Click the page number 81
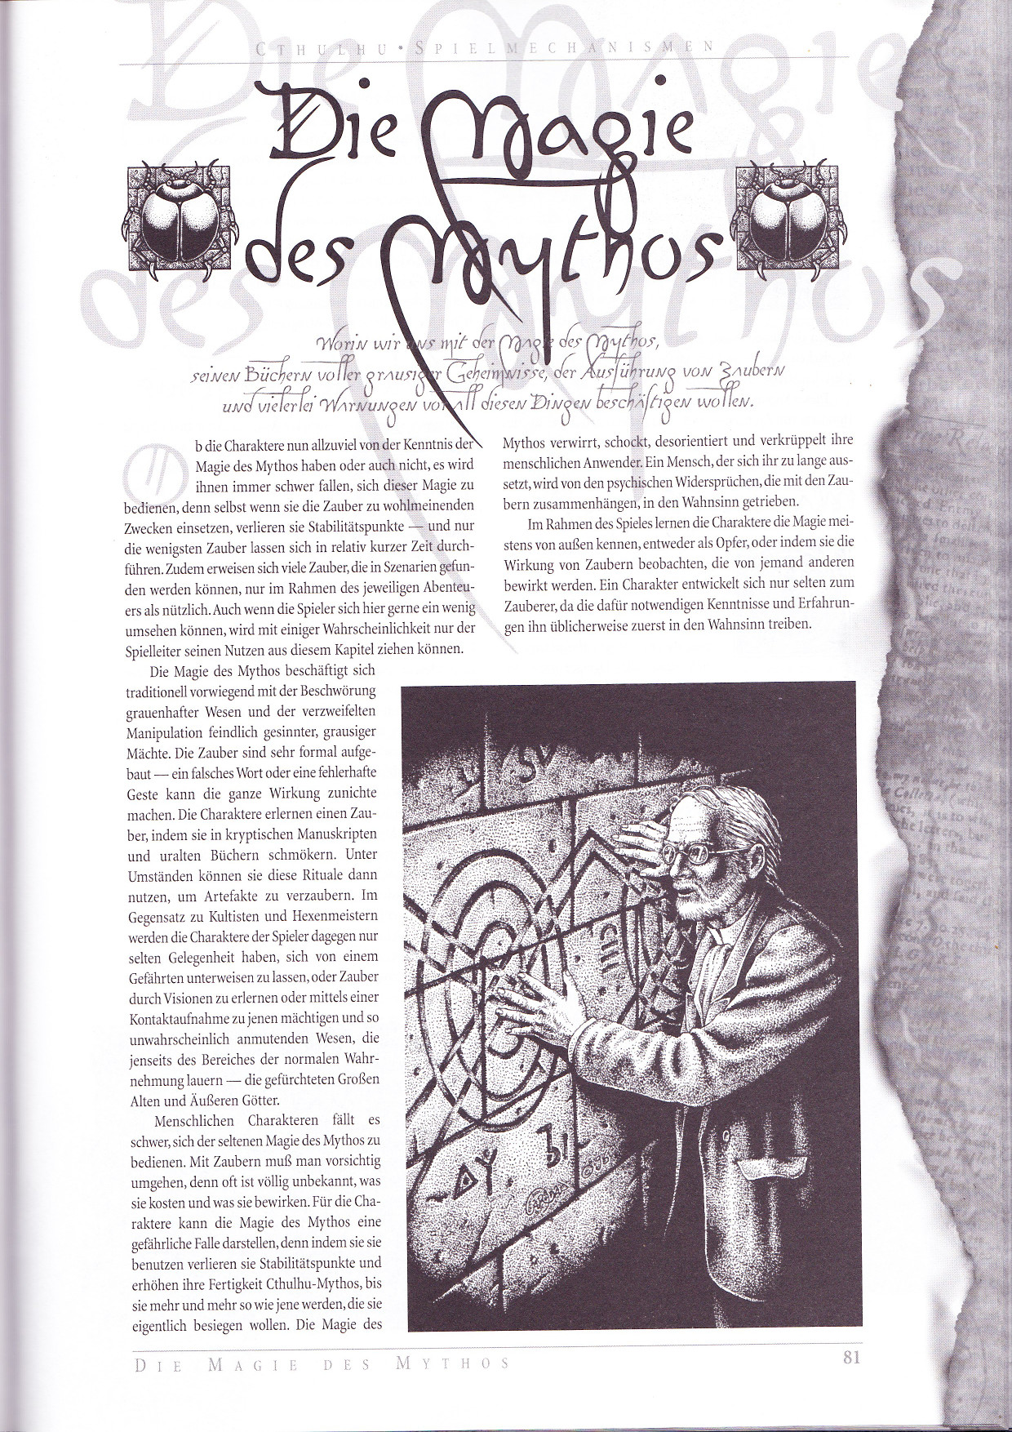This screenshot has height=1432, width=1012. tap(852, 1359)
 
